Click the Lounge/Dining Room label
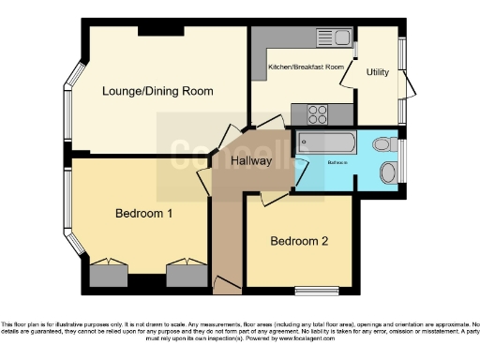(157, 92)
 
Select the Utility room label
(378, 72)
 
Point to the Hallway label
(250, 161)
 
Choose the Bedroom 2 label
(299, 241)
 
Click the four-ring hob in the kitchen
(319, 113)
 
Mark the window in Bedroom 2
(312, 290)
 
